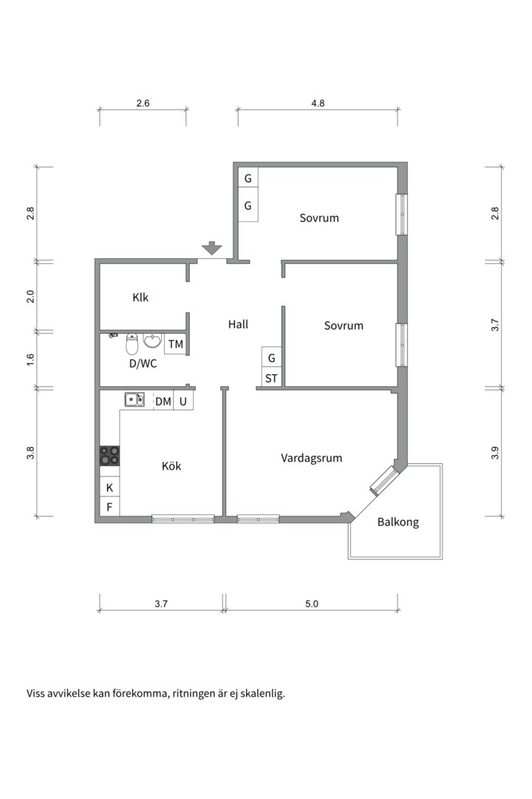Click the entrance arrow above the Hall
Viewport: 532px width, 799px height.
pyautogui.click(x=212, y=248)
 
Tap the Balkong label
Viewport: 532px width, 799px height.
pyautogui.click(x=398, y=522)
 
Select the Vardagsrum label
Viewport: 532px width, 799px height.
pyautogui.click(x=312, y=458)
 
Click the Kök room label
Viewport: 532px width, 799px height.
pyautogui.click(x=171, y=466)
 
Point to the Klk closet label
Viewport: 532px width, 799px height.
pyautogui.click(x=140, y=297)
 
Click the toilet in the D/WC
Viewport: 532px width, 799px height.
pyautogui.click(x=132, y=344)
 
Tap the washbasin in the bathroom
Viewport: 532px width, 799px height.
pyautogui.click(x=152, y=340)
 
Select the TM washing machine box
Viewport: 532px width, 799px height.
pyautogui.click(x=176, y=345)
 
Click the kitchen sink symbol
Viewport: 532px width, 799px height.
pyautogui.click(x=135, y=399)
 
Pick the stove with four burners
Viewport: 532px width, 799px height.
pyautogui.click(x=109, y=456)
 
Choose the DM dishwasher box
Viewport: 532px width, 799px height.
pyautogui.click(x=163, y=401)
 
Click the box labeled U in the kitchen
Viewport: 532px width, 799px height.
pyautogui.click(x=183, y=401)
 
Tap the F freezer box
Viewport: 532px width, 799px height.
pyautogui.click(x=109, y=507)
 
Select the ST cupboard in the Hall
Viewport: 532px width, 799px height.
pyautogui.click(x=271, y=378)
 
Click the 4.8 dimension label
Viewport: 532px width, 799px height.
pyautogui.click(x=318, y=104)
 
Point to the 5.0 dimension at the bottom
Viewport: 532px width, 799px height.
pyautogui.click(x=312, y=604)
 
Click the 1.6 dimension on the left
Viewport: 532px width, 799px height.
pyautogui.click(x=30, y=360)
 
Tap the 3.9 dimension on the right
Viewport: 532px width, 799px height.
pyautogui.click(x=495, y=453)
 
